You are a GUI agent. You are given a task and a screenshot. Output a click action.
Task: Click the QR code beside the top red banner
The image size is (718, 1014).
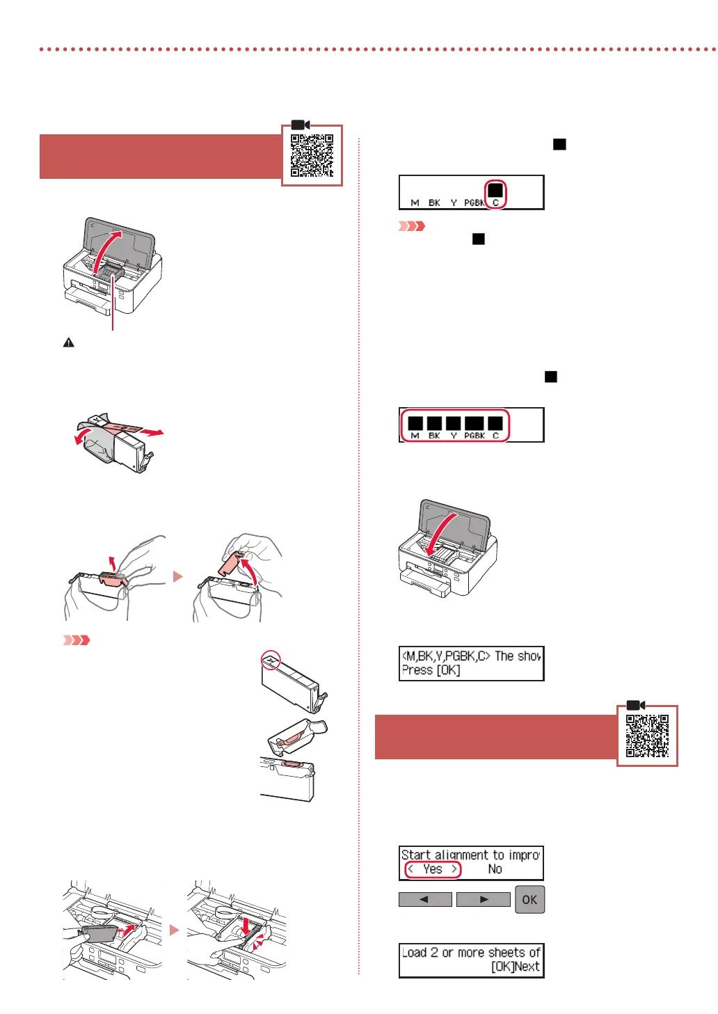pyautogui.click(x=312, y=155)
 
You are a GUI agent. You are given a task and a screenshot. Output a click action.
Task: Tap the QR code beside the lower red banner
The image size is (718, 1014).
pyautogui.click(x=647, y=736)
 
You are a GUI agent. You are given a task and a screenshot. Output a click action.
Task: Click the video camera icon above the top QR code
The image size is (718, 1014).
pyautogui.click(x=301, y=125)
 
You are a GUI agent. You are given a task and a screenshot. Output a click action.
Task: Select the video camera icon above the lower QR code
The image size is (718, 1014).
pyautogui.click(x=636, y=705)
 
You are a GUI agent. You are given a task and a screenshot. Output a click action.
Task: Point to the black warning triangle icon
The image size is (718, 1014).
pyautogui.click(x=69, y=342)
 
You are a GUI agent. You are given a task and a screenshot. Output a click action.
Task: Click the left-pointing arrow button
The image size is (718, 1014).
pyautogui.click(x=424, y=899)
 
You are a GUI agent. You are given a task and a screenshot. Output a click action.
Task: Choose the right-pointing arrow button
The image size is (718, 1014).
pyautogui.click(x=484, y=899)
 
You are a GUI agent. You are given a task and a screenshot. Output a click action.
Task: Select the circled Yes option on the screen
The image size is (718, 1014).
pyautogui.click(x=433, y=869)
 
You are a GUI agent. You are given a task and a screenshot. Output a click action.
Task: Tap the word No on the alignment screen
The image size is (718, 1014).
pyautogui.click(x=495, y=869)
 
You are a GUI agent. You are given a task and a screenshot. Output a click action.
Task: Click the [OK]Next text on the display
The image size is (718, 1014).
pyautogui.click(x=515, y=967)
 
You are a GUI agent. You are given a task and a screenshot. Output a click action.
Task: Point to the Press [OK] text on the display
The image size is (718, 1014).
pyautogui.click(x=431, y=670)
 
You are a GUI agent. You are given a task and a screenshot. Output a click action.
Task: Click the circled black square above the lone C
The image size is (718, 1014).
pyautogui.click(x=495, y=190)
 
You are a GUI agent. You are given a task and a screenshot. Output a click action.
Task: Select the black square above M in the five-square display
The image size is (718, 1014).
pyautogui.click(x=415, y=423)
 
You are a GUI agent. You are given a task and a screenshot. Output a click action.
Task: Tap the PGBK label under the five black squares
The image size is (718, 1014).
pyautogui.click(x=474, y=436)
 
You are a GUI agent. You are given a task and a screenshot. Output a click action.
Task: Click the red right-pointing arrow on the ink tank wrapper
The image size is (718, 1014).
pyautogui.click(x=152, y=432)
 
